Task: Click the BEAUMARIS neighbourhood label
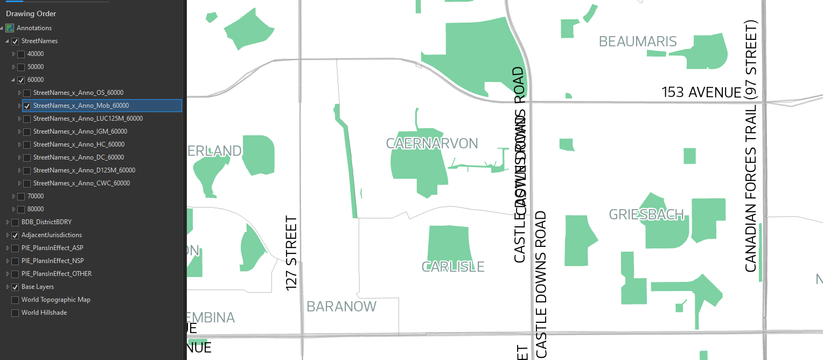coord(638,41)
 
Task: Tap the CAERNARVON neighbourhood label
coord(432,143)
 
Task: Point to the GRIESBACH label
coord(646,214)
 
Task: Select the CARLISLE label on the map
coord(453,267)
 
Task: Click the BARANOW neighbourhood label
coord(341,307)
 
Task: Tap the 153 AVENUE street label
coord(701,93)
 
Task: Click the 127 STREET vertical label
coord(291,253)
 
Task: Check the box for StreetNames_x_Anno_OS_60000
coord(27,93)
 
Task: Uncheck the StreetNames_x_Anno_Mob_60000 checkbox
coord(27,106)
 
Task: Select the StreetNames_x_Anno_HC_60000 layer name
coord(79,144)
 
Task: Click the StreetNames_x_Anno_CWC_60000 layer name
coord(81,183)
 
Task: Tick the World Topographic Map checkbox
coord(15,300)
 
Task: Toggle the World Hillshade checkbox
coord(15,313)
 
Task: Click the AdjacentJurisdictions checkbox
coord(15,235)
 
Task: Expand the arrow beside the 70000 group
coord(14,196)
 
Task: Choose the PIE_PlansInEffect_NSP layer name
coord(52,261)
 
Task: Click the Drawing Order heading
coord(31,13)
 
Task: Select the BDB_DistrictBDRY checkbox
coord(15,222)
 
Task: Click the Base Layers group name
coord(38,287)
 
